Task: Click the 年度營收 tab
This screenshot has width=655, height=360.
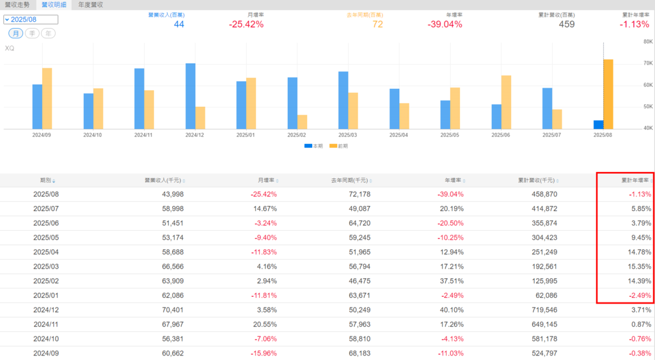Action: (x=90, y=4)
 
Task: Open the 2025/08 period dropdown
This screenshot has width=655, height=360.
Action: (x=31, y=19)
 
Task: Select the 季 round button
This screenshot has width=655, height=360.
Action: (x=32, y=33)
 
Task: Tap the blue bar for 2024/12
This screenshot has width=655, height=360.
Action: (x=191, y=96)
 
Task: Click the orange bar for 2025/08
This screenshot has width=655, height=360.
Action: (x=608, y=94)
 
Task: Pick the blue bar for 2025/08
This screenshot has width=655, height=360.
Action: (x=598, y=125)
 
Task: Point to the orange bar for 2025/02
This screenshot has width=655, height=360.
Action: (x=302, y=122)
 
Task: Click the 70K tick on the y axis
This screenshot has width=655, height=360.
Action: (x=647, y=63)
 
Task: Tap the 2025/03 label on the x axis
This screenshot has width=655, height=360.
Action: (x=348, y=136)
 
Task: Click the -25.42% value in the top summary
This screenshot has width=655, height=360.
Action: (x=246, y=24)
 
